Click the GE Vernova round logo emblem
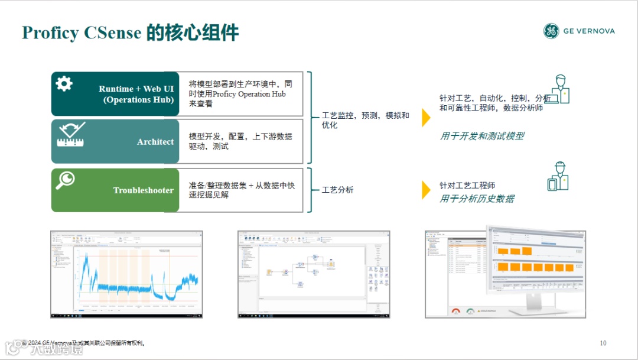[551, 31]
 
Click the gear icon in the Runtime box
[64, 84]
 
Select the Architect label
[155, 142]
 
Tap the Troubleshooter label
[144, 190]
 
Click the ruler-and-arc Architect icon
[70, 134]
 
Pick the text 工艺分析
[338, 190]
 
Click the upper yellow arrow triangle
[426, 118]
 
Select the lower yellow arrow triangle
[426, 190]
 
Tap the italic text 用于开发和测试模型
[481, 136]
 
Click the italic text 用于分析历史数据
[477, 199]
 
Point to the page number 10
[603, 343]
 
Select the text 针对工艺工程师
[467, 186]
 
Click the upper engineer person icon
[559, 89]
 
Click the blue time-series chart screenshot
[126, 274]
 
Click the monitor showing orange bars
[535, 260]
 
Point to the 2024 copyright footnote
[86, 343]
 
